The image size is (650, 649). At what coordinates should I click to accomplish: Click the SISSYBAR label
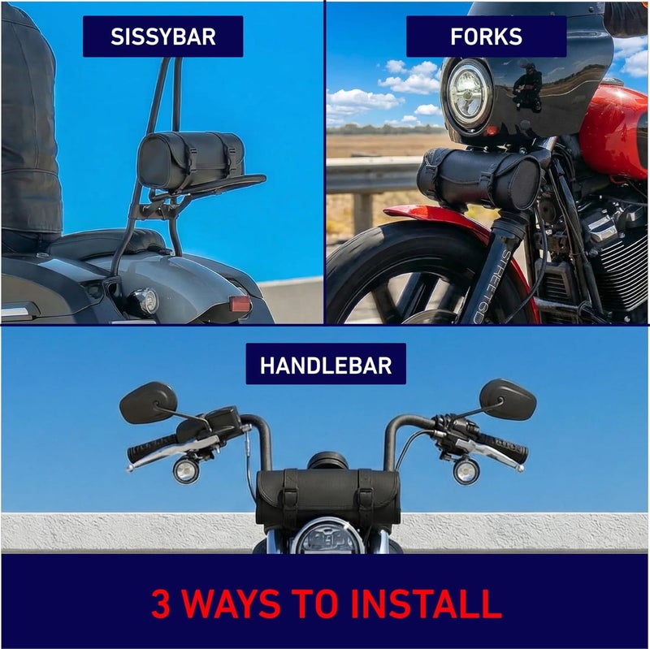(163, 37)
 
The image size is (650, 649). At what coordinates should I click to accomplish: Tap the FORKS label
(486, 37)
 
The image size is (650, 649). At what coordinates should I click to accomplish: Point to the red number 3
(161, 603)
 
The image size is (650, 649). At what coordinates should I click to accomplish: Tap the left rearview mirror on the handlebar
(148, 403)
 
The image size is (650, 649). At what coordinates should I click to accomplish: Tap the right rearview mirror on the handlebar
(508, 399)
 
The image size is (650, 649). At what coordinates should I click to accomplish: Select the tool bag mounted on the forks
(479, 177)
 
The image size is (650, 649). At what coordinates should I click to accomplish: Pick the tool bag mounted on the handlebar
(328, 496)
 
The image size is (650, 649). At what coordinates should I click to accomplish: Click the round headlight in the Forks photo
(470, 93)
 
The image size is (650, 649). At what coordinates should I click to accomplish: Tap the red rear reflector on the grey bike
(240, 304)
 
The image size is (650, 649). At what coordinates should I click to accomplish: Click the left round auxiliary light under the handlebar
(185, 471)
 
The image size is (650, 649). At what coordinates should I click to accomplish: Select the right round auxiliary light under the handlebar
(466, 471)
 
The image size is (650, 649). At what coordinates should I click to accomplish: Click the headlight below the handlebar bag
(327, 537)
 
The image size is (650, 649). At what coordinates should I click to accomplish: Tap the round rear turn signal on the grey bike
(147, 300)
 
